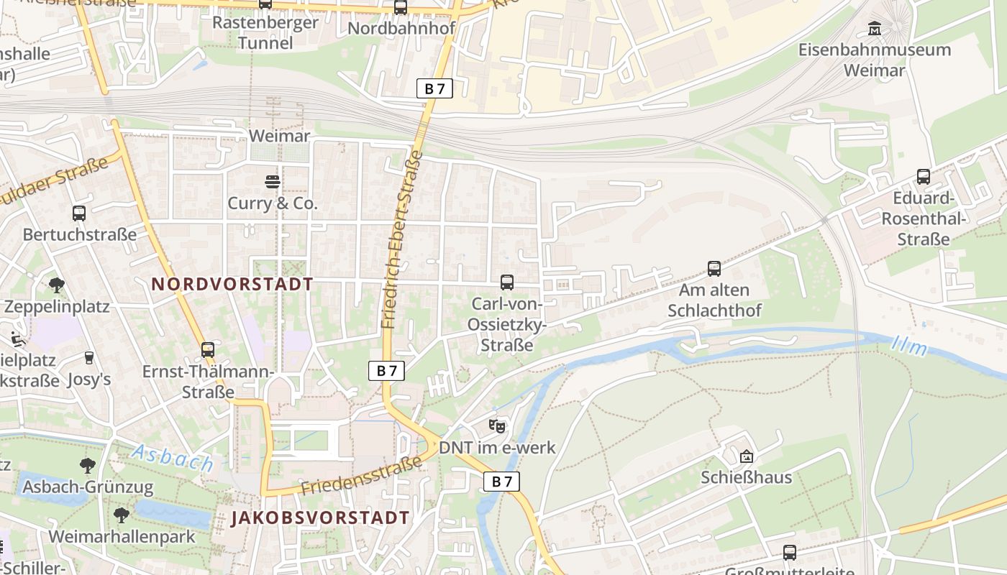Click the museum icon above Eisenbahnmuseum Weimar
[x=875, y=28]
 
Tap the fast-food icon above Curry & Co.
[x=272, y=182]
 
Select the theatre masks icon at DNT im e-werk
[x=496, y=426]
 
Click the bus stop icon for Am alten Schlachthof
[x=714, y=269]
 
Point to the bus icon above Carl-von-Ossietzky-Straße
[x=506, y=282]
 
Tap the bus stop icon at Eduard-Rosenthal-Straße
[x=923, y=177]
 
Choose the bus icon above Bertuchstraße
[x=79, y=213]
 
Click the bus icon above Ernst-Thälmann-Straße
[x=208, y=350]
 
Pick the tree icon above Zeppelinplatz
[x=57, y=285]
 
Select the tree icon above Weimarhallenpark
[x=121, y=515]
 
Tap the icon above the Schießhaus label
[x=747, y=456]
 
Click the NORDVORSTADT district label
[x=232, y=284]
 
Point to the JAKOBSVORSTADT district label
[x=320, y=517]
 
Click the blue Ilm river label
[x=908, y=346]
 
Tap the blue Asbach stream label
[x=173, y=458]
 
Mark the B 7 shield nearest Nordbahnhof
[x=434, y=89]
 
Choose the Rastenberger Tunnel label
[x=265, y=32]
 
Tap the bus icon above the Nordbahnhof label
[x=401, y=8]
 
